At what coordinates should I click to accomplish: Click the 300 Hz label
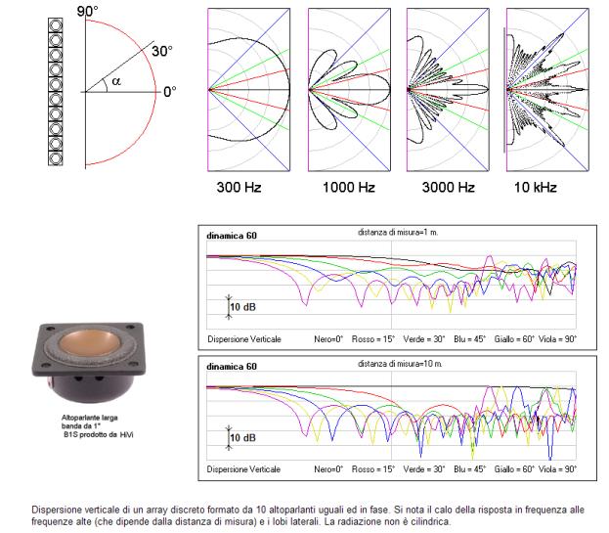(x=239, y=186)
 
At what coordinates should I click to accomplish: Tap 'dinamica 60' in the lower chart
(x=232, y=367)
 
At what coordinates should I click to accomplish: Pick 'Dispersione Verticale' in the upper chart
(x=244, y=338)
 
